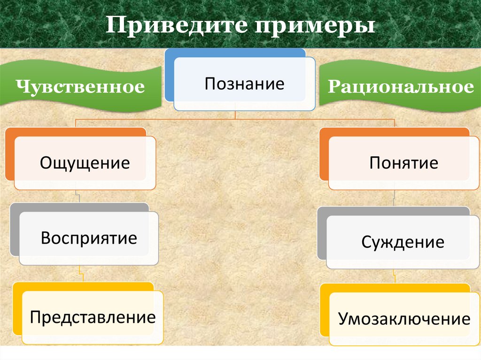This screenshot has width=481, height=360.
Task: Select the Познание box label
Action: coord(244,84)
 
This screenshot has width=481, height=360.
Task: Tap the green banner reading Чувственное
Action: coord(80,87)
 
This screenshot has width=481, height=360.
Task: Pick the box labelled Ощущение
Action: coord(85,163)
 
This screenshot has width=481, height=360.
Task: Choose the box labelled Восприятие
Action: coord(89,238)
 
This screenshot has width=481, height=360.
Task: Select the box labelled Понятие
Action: coord(403,163)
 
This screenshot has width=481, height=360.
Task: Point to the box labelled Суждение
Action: coord(403,242)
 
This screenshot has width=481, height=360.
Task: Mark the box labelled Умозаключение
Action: coord(403,320)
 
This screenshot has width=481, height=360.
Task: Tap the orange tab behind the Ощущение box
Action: coord(10,155)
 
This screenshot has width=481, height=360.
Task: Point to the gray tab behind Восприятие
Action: coord(15,230)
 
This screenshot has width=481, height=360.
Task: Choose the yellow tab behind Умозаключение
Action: coord(325,310)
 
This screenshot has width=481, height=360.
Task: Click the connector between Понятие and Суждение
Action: coord(394,198)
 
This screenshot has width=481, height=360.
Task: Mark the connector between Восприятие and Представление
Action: coord(81,274)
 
